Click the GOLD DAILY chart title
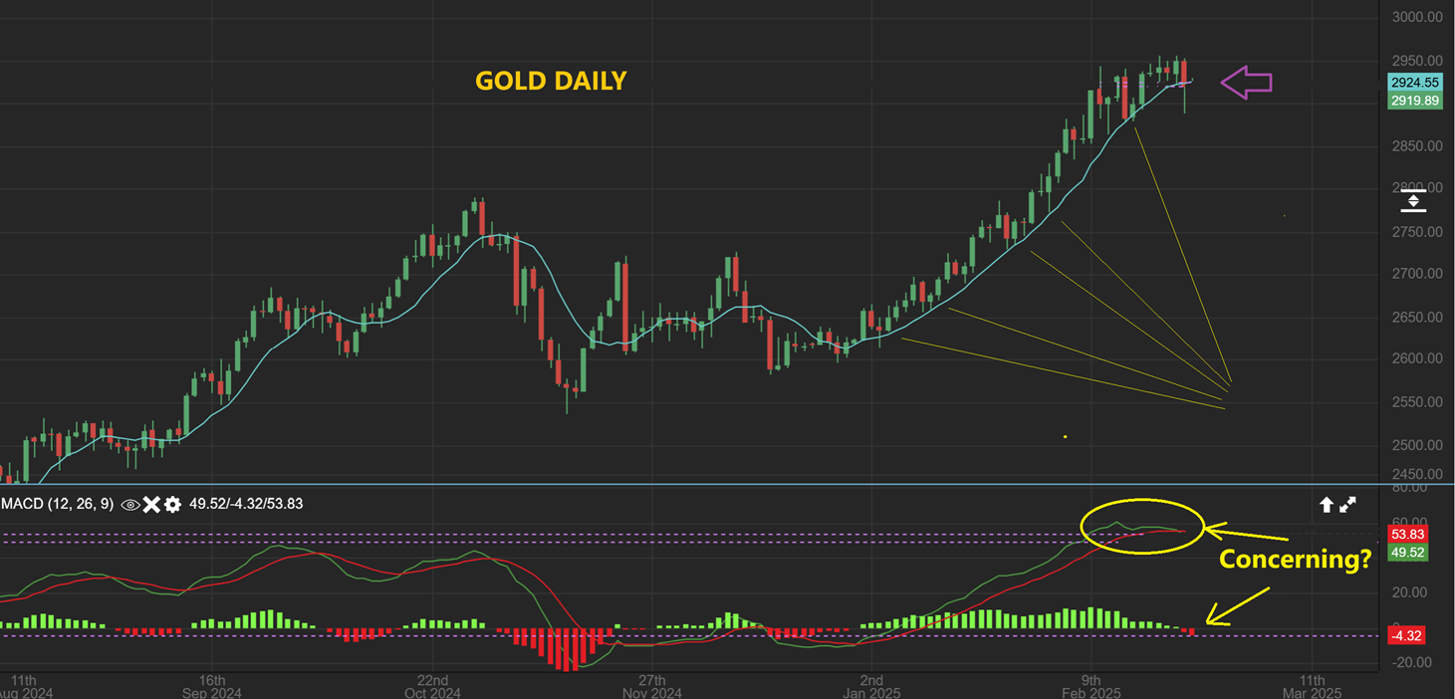point(551,81)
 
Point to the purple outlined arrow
point(1247,82)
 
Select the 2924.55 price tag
point(1415,83)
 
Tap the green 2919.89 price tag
point(1415,101)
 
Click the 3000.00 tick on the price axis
point(1417,17)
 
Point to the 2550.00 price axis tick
point(1417,402)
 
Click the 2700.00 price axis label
point(1417,274)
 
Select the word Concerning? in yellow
point(1296,559)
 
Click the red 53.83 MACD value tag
point(1408,535)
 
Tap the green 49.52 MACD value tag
point(1408,552)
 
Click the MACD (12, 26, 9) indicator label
point(57,504)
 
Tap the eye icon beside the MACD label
point(129,505)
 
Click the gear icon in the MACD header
point(172,505)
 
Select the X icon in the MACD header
point(151,505)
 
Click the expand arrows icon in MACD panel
point(1347,505)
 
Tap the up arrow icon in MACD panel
point(1327,505)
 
